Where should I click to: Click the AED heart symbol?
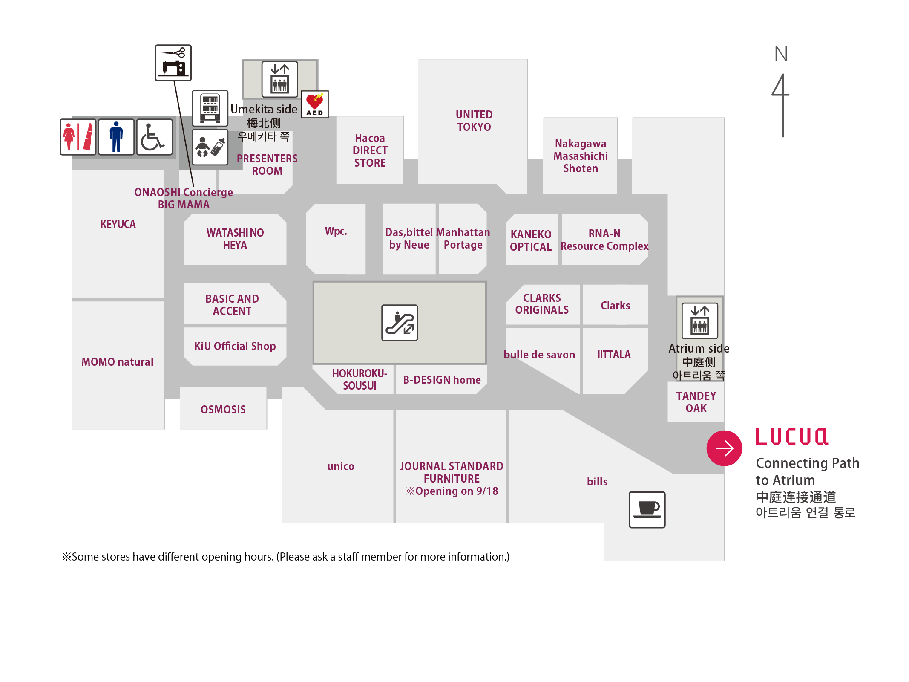[315, 104]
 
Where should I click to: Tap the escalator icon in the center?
[400, 323]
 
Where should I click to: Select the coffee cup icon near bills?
[647, 510]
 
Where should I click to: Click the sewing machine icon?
[173, 63]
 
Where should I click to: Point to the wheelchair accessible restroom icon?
[155, 137]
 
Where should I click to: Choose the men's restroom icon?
[116, 137]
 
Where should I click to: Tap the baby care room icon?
[210, 147]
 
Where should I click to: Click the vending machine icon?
[210, 108]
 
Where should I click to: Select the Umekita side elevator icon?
[280, 79]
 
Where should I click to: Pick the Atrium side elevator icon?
[700, 321]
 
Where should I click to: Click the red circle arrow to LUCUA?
[724, 448]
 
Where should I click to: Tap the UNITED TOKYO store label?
[474, 121]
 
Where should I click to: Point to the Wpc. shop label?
[336, 231]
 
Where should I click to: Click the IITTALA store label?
[614, 355]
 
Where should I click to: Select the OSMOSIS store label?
[223, 410]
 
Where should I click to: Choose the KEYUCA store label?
[118, 224]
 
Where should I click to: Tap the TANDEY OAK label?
[696, 402]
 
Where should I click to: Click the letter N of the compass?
[781, 54]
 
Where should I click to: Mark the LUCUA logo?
[792, 437]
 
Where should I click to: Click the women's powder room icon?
[78, 137]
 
